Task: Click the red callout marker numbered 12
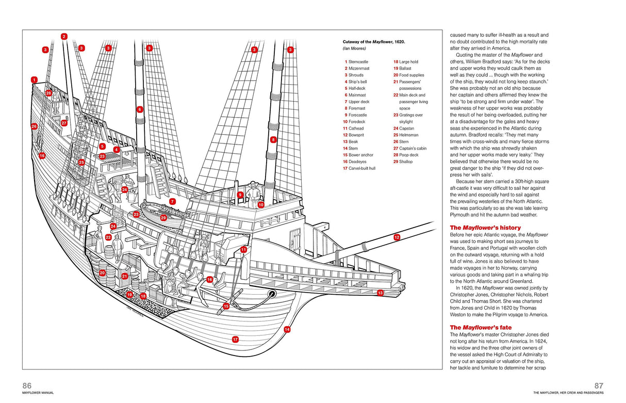(x=397, y=237)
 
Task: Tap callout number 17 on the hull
(x=235, y=340)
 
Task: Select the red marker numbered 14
(x=287, y=329)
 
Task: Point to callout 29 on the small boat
(x=163, y=218)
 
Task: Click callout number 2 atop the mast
(x=64, y=37)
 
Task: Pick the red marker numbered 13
(x=380, y=293)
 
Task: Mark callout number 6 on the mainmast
(x=139, y=109)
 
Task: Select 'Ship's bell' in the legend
(x=355, y=82)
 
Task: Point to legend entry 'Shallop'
(x=405, y=162)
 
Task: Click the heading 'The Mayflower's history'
(x=485, y=228)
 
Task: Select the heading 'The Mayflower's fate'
(x=481, y=327)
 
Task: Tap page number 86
(x=27, y=385)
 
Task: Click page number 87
(x=598, y=385)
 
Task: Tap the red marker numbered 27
(x=64, y=123)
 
